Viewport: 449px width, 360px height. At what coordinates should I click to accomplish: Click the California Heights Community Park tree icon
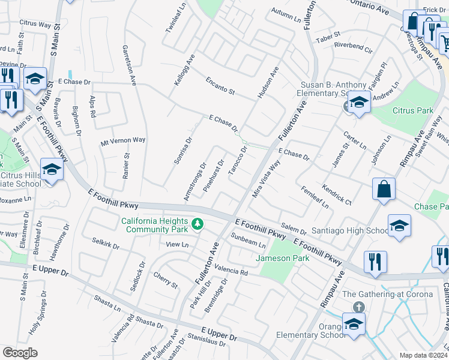click(197, 225)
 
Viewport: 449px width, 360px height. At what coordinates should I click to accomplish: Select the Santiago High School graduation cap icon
click(399, 226)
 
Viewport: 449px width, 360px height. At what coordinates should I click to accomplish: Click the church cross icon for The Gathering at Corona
click(358, 307)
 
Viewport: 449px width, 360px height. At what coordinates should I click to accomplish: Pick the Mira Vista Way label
click(267, 178)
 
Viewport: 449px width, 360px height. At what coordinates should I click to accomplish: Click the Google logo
click(20, 352)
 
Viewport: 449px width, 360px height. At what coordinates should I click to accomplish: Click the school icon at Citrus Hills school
click(52, 170)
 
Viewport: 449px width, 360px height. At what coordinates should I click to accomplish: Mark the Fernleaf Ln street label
click(315, 197)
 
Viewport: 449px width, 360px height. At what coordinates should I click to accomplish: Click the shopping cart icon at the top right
click(445, 42)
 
